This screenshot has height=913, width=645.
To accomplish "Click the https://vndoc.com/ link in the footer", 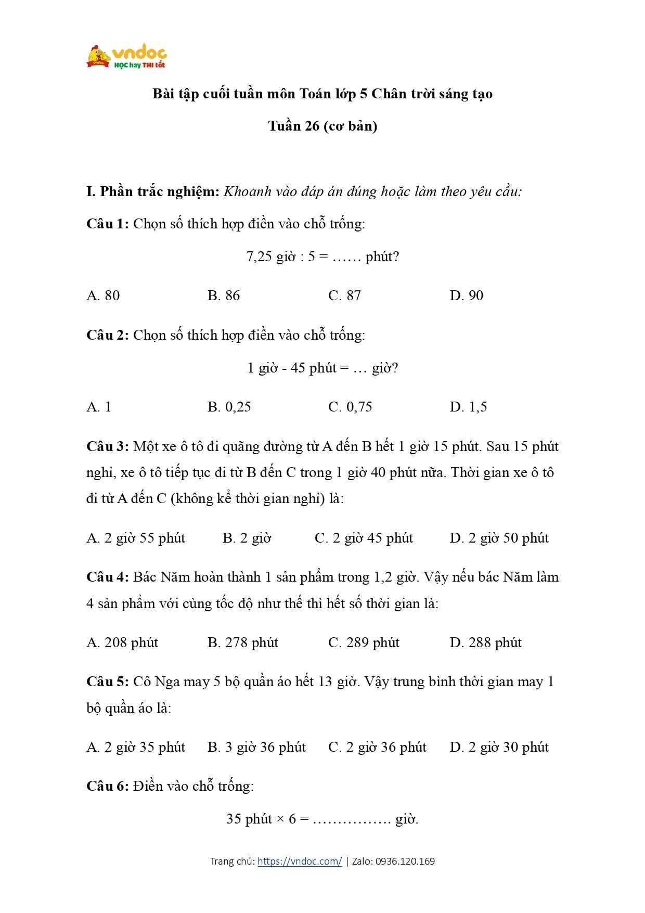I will [300, 861].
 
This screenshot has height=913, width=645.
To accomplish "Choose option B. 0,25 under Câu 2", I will [229, 407].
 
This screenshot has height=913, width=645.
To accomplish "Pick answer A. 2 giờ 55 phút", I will [136, 538].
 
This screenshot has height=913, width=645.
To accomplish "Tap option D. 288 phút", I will [485, 642].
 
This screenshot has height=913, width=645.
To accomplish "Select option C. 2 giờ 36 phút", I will [377, 747].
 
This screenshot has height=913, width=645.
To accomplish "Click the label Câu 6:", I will [107, 786].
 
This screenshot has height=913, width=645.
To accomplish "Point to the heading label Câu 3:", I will [107, 446].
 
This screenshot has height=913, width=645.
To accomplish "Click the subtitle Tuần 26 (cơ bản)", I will [322, 126].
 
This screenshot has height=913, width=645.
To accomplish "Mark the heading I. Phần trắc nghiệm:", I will [153, 191].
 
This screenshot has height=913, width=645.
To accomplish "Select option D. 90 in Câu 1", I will [467, 295].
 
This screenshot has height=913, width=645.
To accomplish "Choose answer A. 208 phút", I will [122, 642].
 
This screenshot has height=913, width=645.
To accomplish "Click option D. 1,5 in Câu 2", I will [468, 407].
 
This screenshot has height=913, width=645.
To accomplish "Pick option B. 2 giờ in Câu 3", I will [247, 538].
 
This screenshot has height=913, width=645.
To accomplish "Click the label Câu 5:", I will [107, 681].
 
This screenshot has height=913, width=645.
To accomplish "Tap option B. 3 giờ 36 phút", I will [256, 747].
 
